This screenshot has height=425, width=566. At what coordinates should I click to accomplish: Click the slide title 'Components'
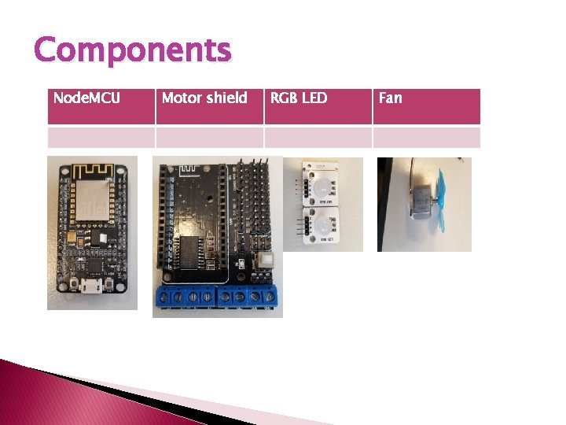point(133,50)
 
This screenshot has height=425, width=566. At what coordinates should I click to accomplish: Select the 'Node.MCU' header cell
point(86,98)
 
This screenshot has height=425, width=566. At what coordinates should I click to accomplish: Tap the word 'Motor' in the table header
point(179,98)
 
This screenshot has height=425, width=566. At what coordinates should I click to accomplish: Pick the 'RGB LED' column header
point(299,98)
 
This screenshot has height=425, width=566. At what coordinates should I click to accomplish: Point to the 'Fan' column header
point(390,98)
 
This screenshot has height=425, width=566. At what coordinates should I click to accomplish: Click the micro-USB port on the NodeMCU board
point(94,288)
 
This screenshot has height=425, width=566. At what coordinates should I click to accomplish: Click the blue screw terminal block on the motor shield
point(218,298)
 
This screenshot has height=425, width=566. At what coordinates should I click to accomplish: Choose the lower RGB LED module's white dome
point(322,226)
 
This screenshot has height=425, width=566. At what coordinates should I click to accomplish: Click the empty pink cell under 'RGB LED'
point(318,137)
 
